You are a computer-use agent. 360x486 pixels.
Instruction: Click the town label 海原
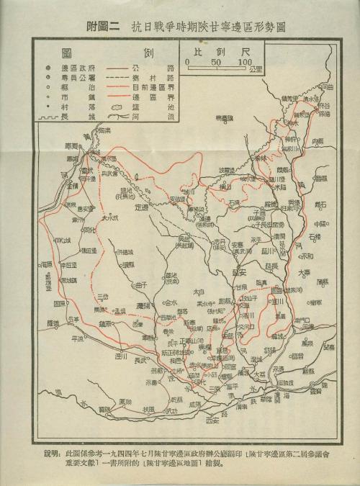coord(49,264)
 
